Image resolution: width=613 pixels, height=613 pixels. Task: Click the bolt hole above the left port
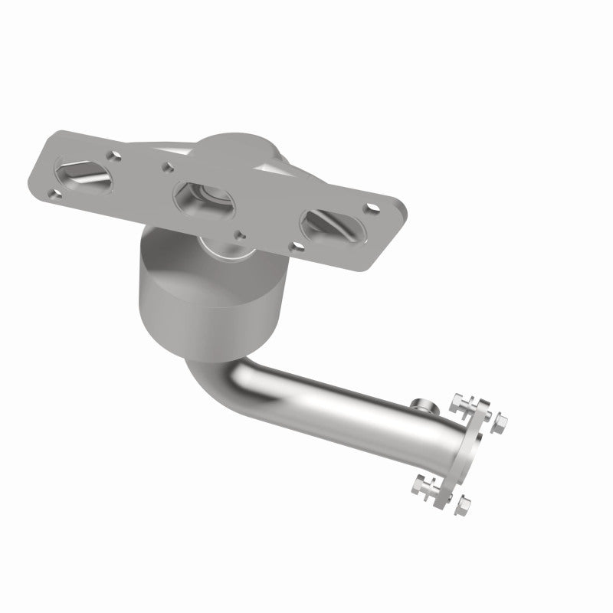[115, 156]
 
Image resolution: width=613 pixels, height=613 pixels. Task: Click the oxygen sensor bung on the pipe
[419, 404]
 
